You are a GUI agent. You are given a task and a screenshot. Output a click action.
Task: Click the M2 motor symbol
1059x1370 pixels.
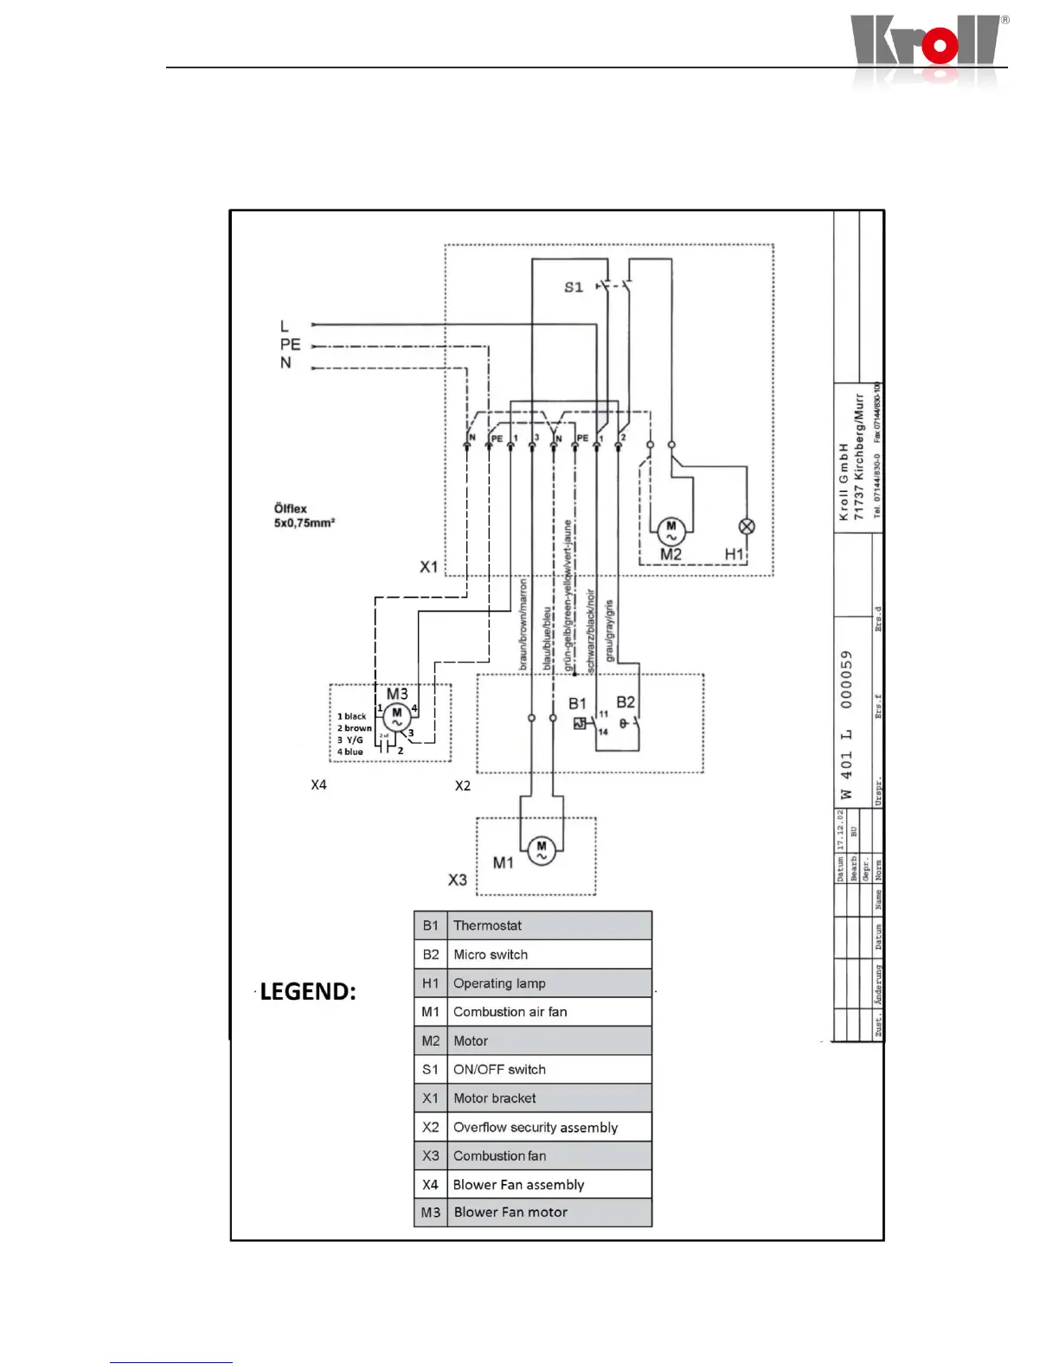coord(671,531)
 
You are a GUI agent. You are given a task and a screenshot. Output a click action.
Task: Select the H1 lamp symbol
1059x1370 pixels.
coord(747,526)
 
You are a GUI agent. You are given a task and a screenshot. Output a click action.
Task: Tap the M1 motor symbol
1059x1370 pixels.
coord(542,851)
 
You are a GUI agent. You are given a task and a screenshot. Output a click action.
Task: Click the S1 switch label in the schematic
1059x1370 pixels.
coord(574,287)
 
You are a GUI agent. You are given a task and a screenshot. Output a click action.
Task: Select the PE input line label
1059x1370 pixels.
coord(290,344)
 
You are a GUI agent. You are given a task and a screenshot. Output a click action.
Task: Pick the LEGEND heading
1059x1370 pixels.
coord(307,991)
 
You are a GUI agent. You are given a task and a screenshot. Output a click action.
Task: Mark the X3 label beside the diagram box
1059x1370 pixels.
coord(457,880)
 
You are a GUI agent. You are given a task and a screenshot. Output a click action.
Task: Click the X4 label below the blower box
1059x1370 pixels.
coord(318,784)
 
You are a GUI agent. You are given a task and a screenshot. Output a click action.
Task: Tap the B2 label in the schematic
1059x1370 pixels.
coord(626,702)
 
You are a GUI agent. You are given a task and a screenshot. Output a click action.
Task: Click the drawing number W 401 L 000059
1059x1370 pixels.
coord(846,725)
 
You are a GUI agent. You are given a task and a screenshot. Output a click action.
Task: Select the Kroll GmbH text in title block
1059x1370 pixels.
coord(844,482)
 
